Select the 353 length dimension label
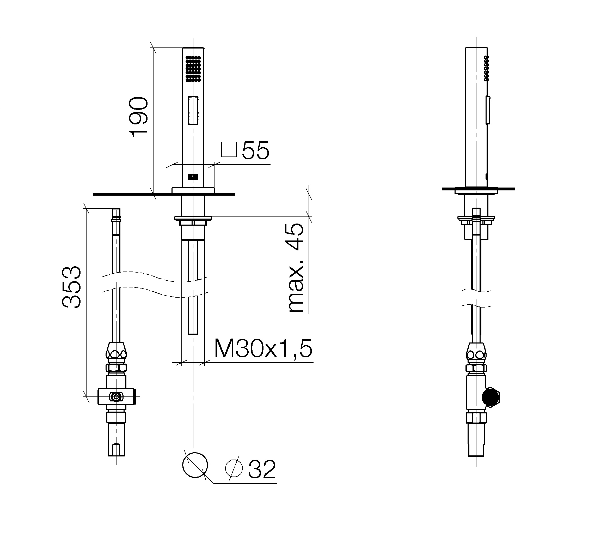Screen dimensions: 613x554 (x=71, y=287)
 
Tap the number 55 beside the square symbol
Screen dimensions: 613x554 (x=255, y=150)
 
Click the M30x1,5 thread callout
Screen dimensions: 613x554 (x=263, y=349)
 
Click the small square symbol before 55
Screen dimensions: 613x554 (x=229, y=149)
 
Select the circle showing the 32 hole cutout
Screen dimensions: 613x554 (x=195, y=465)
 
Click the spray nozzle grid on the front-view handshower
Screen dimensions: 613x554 (x=193, y=68)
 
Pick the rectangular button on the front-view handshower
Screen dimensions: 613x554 (x=193, y=110)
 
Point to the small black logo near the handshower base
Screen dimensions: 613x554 (x=193, y=177)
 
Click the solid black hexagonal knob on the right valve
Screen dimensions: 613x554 (x=491, y=397)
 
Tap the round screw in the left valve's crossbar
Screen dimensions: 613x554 (x=116, y=396)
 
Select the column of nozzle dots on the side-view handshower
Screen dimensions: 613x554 (x=486, y=68)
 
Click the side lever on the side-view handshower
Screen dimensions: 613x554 (x=488, y=110)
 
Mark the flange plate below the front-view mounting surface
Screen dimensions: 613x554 (x=193, y=218)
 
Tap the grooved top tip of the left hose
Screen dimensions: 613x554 (x=116, y=214)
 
